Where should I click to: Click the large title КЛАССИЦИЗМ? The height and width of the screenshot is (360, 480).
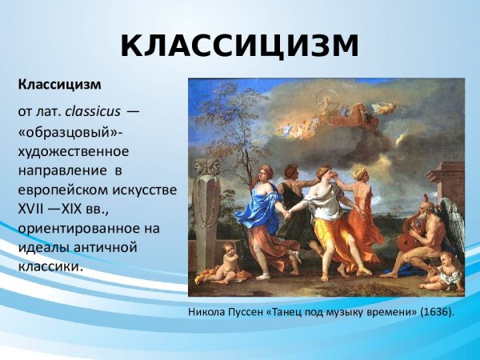click(240, 46)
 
